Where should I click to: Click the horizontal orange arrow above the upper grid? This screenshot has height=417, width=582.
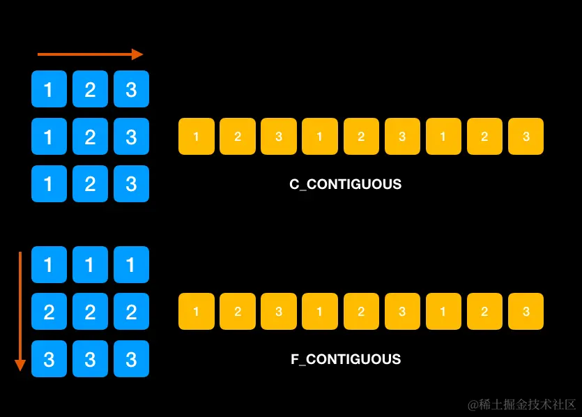87,54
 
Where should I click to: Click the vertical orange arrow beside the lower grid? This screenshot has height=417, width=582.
20,307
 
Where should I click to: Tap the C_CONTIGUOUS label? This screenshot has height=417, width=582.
345,185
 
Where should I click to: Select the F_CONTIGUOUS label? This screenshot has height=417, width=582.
346,360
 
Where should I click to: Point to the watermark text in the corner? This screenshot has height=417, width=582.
521,404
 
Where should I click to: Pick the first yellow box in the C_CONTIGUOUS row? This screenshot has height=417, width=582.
196,137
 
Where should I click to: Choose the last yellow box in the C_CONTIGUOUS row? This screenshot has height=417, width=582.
526,137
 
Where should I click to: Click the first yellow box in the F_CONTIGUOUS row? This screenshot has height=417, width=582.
196,312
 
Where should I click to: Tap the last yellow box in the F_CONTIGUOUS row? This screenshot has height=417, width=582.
526,312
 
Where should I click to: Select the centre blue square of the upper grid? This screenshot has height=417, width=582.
90,137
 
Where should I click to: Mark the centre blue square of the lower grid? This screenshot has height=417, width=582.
90,312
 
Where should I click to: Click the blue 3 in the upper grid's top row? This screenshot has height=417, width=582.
131,89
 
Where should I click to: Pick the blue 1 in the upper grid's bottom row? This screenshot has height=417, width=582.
49,184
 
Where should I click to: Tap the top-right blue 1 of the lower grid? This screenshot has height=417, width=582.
131,264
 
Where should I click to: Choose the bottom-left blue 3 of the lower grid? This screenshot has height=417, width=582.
49,359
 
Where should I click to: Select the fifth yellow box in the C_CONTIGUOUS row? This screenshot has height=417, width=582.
361,137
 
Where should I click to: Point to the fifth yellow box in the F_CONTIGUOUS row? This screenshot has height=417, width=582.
361,312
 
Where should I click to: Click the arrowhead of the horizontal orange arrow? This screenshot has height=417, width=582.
137,54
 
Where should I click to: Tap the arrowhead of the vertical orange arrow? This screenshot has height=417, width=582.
20,365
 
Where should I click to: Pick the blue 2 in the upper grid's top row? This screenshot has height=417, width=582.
90,89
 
